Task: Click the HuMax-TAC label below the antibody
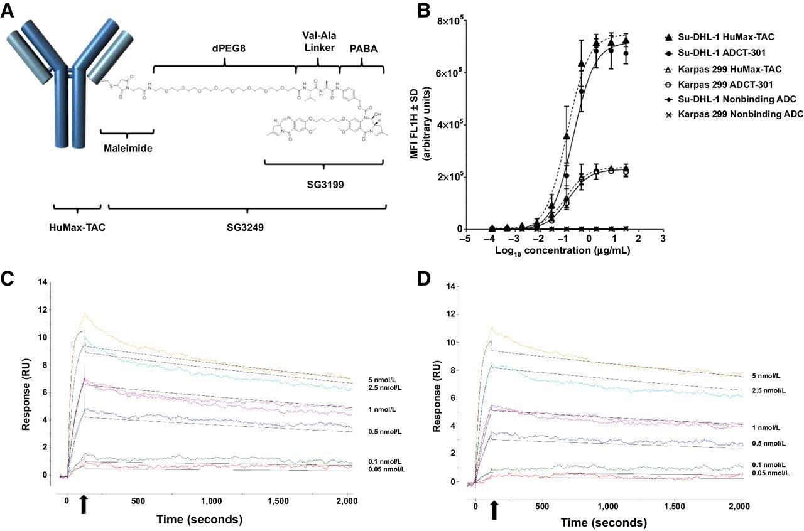tap(77, 227)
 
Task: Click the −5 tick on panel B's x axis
tap(466, 240)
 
